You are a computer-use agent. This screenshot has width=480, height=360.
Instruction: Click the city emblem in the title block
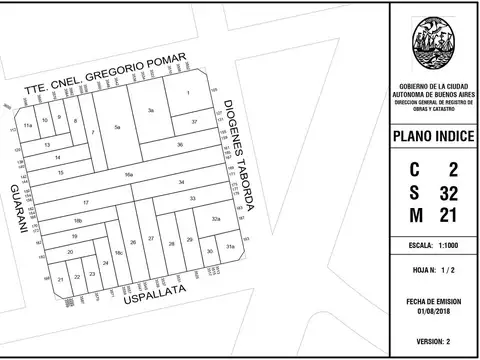[x=434, y=45]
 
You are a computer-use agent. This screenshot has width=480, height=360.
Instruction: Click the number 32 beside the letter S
[x=449, y=192]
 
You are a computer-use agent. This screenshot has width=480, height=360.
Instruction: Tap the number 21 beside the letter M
[x=449, y=215]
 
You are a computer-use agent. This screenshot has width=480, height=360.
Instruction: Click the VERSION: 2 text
[x=434, y=341]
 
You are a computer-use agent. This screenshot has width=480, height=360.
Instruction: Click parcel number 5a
[x=117, y=128]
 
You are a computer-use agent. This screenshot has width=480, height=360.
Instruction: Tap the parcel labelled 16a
[x=129, y=174]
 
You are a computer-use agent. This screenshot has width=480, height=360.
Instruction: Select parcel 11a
[x=29, y=126]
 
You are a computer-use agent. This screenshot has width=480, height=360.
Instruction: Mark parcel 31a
[x=229, y=246]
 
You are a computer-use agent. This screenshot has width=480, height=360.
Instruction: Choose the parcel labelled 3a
[x=151, y=109]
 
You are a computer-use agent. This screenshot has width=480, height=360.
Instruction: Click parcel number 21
[x=62, y=279]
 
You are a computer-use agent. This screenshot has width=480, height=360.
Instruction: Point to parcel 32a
[x=216, y=217]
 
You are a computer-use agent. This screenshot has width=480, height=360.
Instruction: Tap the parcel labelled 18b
[x=77, y=219]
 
